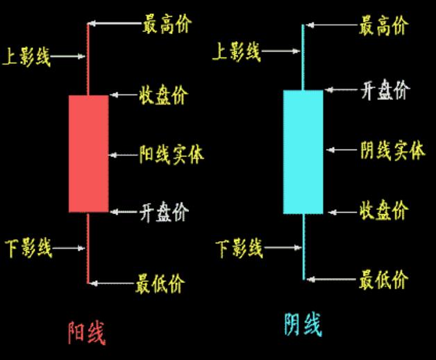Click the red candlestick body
point(88,153)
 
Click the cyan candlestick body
point(303,152)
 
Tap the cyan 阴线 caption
point(303,325)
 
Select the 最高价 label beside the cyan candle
point(383,26)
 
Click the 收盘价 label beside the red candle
point(163,96)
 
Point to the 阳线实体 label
point(171,154)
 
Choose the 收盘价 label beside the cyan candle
point(383,211)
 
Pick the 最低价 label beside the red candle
point(162,283)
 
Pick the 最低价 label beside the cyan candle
point(383,279)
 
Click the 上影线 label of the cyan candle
point(237,50)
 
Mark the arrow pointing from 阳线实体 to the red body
point(124,154)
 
